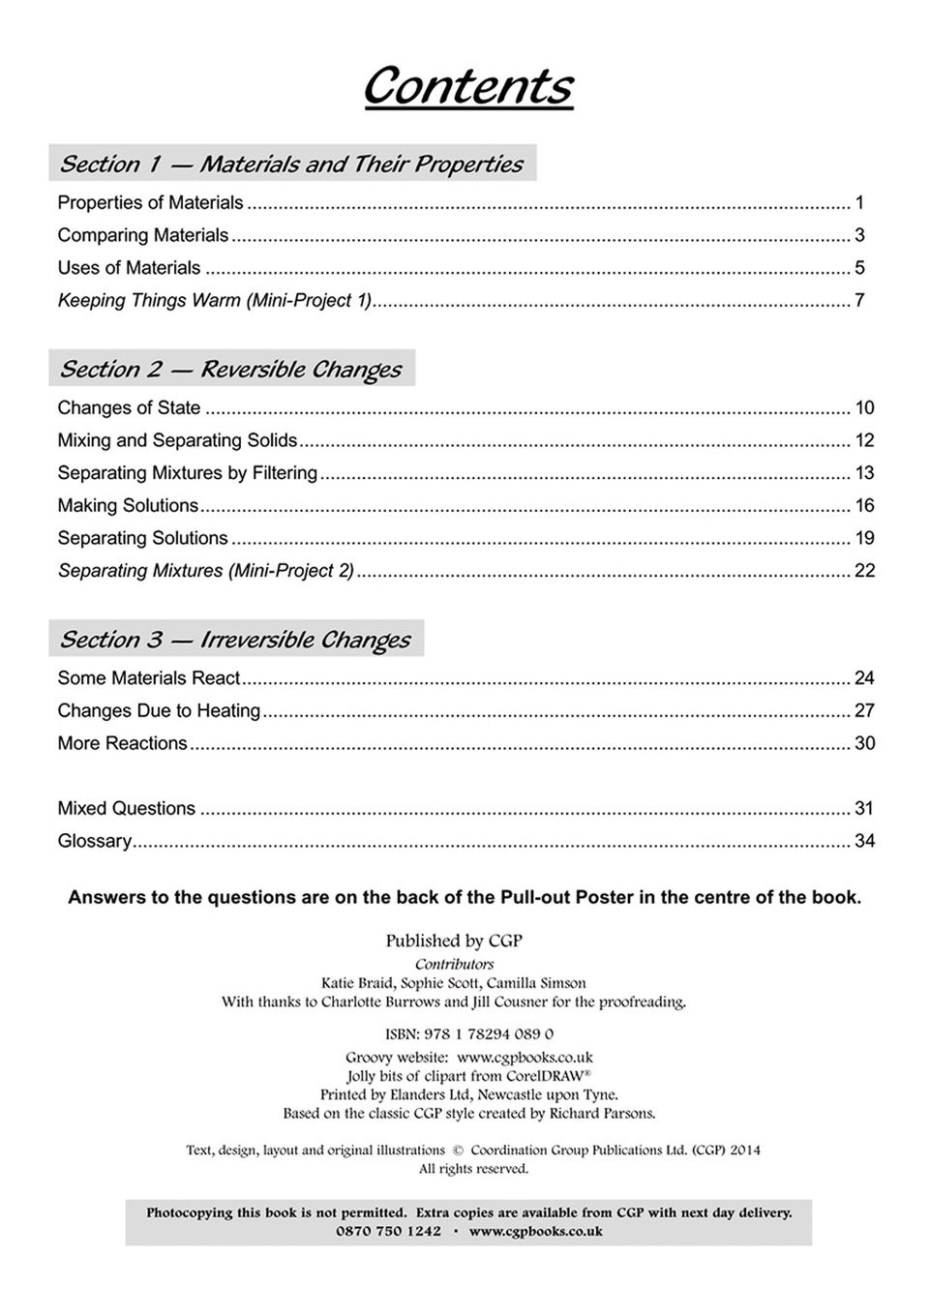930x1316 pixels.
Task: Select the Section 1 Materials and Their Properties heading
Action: click(x=291, y=164)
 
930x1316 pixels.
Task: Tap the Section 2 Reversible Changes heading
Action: click(x=230, y=369)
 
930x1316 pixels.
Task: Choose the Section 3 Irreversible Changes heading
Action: click(x=235, y=640)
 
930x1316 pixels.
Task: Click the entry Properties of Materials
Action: click(x=150, y=202)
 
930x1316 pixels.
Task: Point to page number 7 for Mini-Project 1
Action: click(x=858, y=300)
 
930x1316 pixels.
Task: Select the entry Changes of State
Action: click(x=129, y=407)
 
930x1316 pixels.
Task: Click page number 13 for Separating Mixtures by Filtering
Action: click(x=864, y=472)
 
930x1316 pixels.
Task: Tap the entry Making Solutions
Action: click(x=128, y=505)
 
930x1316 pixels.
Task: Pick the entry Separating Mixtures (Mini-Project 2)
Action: click(x=206, y=570)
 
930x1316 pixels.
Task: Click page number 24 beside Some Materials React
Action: click(x=864, y=678)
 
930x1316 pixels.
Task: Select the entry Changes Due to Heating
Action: click(x=159, y=710)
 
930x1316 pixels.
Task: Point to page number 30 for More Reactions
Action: click(x=864, y=743)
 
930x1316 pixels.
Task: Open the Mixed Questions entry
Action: click(x=126, y=808)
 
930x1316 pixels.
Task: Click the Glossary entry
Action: click(x=94, y=841)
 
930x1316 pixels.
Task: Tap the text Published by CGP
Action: click(x=454, y=941)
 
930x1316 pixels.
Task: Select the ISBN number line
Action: click(x=469, y=1033)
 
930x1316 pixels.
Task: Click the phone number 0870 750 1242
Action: click(x=389, y=1231)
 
